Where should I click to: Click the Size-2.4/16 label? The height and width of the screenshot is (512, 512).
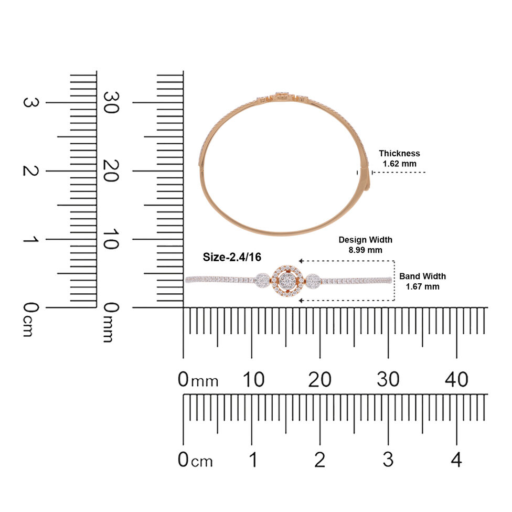[x=232, y=257]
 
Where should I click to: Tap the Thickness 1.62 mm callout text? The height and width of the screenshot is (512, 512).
[x=399, y=158]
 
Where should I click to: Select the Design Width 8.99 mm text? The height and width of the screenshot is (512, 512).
[x=366, y=245]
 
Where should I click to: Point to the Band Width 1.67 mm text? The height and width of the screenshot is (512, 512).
[x=422, y=281]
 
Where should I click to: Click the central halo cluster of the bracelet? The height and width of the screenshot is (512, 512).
[x=287, y=281]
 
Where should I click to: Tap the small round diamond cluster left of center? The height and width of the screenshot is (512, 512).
[x=262, y=281]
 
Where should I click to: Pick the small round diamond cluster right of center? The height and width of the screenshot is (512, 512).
[x=313, y=281]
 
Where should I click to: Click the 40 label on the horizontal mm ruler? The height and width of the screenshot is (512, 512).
[x=456, y=379]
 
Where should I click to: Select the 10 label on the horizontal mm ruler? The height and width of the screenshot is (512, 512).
[x=253, y=379]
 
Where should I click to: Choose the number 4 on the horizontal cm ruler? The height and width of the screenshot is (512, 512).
[x=456, y=460]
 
